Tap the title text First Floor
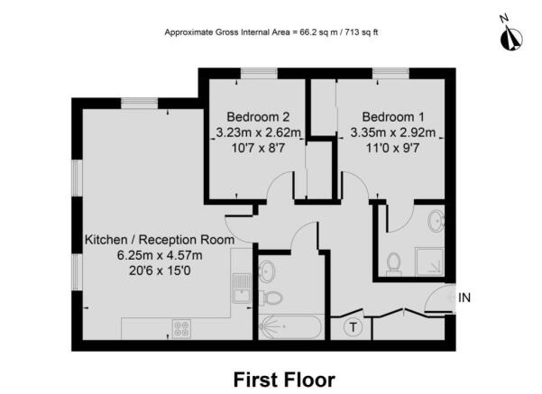pyautogui.click(x=284, y=379)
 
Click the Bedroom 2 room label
pyautogui.click(x=258, y=117)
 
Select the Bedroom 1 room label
pyautogui.click(x=393, y=117)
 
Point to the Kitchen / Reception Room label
pyautogui.click(x=159, y=241)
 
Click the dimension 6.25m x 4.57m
pyautogui.click(x=159, y=255)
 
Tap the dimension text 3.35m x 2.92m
pyautogui.click(x=393, y=133)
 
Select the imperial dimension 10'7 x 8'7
pyautogui.click(x=258, y=148)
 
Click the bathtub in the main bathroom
pyautogui.click(x=290, y=327)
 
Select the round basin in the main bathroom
pyautogui.click(x=266, y=270)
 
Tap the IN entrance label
pyautogui.click(x=464, y=298)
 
